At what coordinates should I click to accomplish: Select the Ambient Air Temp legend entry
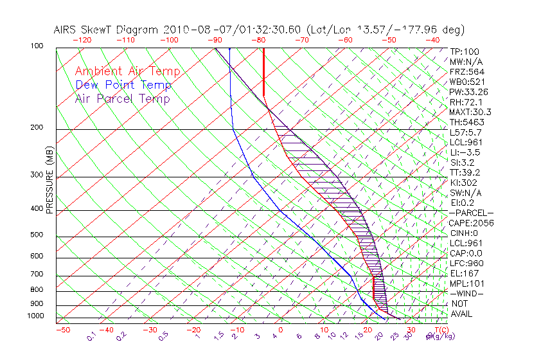coord(127,71)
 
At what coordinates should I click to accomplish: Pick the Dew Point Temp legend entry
coord(123,85)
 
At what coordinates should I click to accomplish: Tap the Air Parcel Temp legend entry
coord(123,98)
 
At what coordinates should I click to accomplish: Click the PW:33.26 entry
coord(469,92)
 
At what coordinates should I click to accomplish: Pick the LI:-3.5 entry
coord(465,152)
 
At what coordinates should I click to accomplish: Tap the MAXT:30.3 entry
coord(470,112)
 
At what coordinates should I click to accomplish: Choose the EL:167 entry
coord(465,273)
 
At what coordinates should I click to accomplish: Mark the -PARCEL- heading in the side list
coord(471,213)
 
